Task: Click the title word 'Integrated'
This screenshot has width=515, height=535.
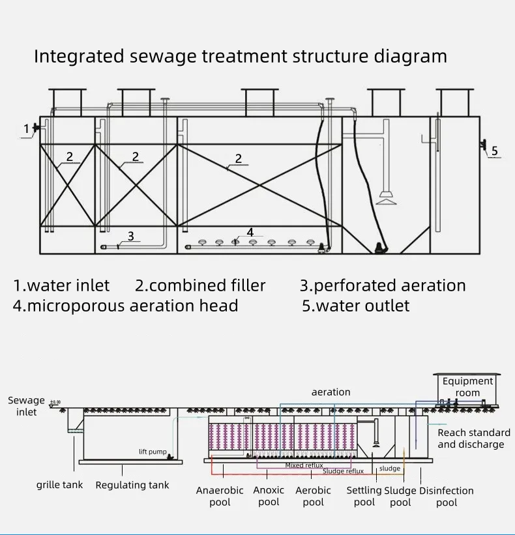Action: tap(72, 57)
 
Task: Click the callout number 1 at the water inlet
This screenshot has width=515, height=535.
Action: tap(27, 129)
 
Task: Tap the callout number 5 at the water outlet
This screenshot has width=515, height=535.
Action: tap(494, 151)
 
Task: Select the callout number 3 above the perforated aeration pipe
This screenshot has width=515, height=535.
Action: tap(130, 236)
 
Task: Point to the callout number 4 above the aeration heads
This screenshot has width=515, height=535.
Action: tap(250, 232)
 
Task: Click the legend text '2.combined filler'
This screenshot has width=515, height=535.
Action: tap(200, 285)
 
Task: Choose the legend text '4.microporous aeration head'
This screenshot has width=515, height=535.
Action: tap(125, 306)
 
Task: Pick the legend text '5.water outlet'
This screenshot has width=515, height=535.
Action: tap(355, 306)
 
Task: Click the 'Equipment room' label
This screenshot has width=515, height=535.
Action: tap(467, 387)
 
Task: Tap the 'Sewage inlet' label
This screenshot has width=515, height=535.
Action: tap(27, 406)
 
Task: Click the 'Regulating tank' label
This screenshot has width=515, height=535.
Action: tap(132, 485)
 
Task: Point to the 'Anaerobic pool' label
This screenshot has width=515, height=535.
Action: tap(220, 496)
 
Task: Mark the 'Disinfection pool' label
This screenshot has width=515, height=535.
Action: tap(447, 496)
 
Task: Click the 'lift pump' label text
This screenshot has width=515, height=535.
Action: tap(153, 452)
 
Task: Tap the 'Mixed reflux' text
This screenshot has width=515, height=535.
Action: tap(304, 465)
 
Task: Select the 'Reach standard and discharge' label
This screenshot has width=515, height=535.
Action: tap(473, 439)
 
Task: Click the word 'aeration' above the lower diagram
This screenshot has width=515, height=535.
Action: tap(331, 392)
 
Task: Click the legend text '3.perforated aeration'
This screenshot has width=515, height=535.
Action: tap(383, 285)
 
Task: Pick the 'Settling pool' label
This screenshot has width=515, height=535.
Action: tap(364, 496)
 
